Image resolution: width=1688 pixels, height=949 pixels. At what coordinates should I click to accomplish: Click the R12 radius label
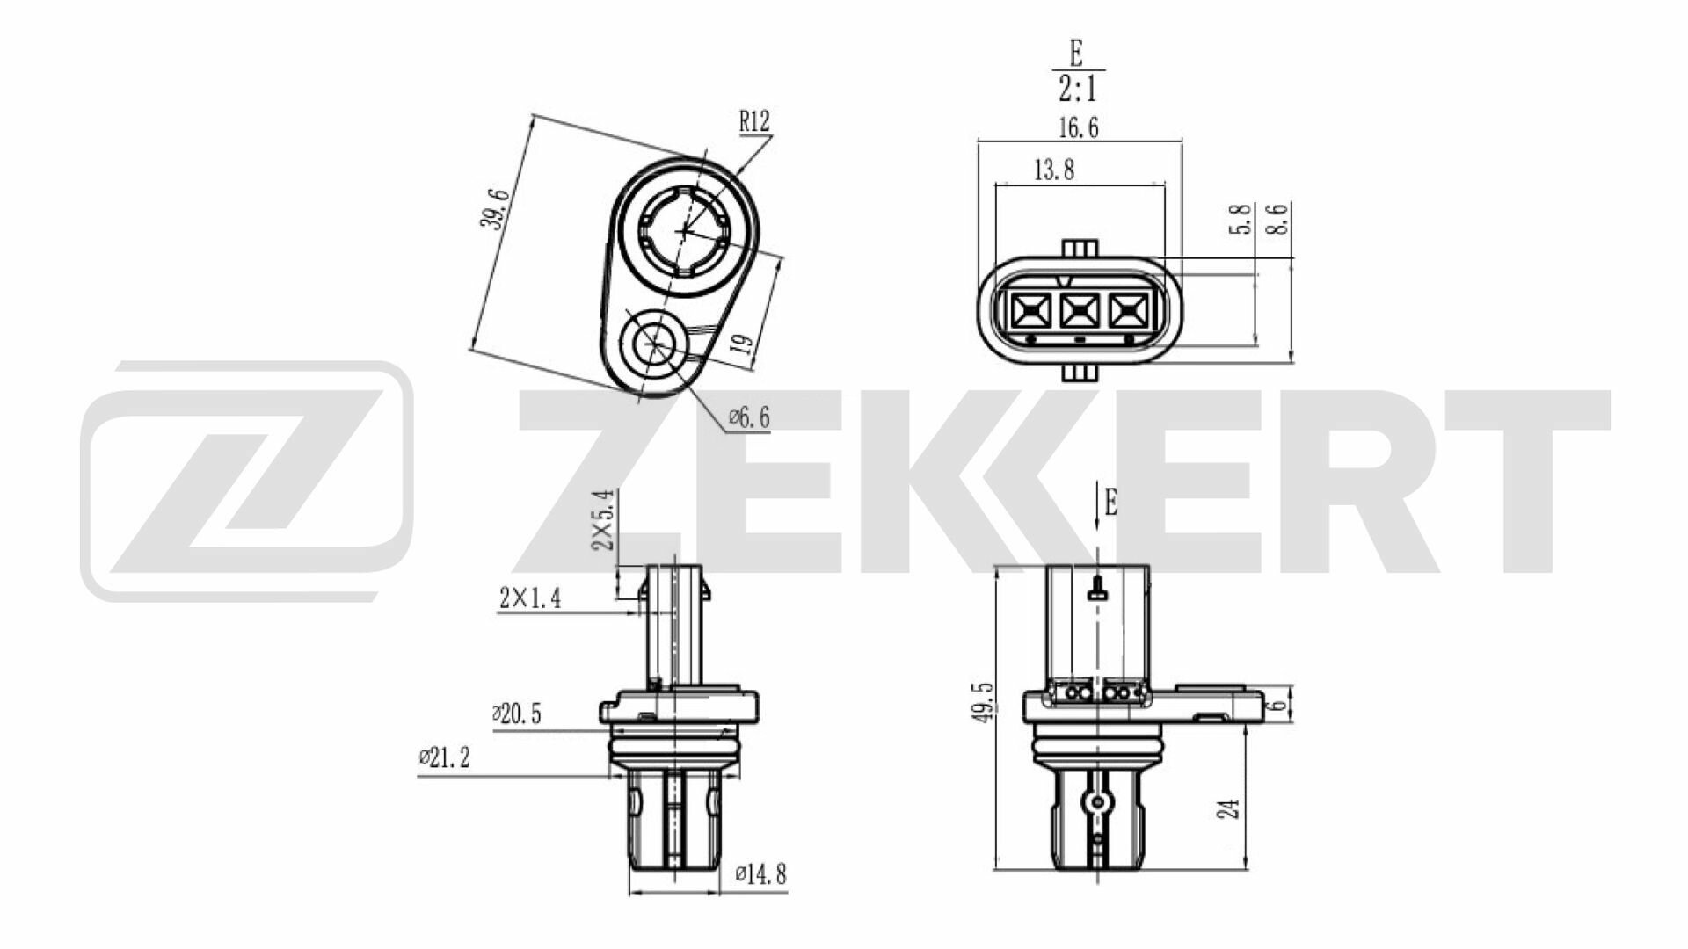click(x=753, y=122)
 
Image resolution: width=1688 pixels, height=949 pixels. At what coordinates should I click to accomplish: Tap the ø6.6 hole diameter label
click(x=749, y=418)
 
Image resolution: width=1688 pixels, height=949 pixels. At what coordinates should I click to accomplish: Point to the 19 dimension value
click(x=744, y=343)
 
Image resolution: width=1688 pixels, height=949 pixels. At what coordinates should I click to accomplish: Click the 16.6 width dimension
click(x=1078, y=128)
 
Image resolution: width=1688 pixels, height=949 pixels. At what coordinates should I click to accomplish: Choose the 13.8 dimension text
click(x=1053, y=170)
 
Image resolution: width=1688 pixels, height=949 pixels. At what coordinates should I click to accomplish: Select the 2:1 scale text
click(x=1077, y=89)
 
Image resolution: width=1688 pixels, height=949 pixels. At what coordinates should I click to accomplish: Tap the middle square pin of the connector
click(x=1079, y=309)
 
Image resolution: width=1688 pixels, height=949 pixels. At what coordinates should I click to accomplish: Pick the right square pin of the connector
click(x=1128, y=309)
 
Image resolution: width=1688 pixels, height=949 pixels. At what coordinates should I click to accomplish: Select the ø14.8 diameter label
click(x=760, y=874)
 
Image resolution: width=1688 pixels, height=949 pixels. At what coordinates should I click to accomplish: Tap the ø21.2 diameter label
click(x=444, y=757)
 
